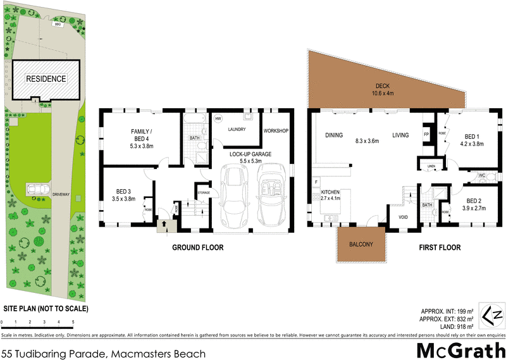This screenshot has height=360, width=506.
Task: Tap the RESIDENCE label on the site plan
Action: point(46,79)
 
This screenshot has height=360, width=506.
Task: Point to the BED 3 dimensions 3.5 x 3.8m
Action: point(123,199)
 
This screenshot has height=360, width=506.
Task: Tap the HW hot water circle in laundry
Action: point(218,118)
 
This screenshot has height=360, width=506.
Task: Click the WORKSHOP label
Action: point(276,131)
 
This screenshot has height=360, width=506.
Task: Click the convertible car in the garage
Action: point(275,196)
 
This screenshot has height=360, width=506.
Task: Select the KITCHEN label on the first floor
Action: point(331,192)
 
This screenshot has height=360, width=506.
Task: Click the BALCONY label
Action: point(359,245)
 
